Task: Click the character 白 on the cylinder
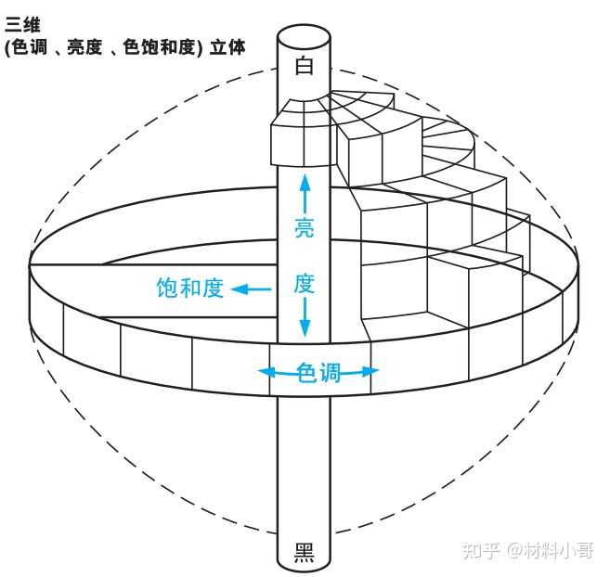pyautogui.click(x=304, y=65)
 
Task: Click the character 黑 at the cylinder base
pyautogui.click(x=305, y=553)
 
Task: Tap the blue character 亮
pyautogui.click(x=305, y=227)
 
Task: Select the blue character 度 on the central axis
pyautogui.click(x=305, y=284)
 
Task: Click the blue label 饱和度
pyautogui.click(x=190, y=288)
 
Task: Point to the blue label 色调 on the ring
pyautogui.click(x=318, y=373)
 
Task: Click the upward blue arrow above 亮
pyautogui.click(x=305, y=194)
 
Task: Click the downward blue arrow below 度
pyautogui.click(x=305, y=317)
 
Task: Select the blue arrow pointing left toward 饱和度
pyautogui.click(x=252, y=289)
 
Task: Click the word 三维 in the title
pyautogui.click(x=22, y=25)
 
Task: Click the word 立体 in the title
pyautogui.click(x=227, y=47)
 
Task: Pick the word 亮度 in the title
pyautogui.click(x=85, y=47)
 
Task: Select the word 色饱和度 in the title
pyautogui.click(x=159, y=47)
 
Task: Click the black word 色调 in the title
pyautogui.click(x=30, y=47)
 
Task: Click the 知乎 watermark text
pyautogui.click(x=481, y=551)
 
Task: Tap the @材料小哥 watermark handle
pyautogui.click(x=551, y=551)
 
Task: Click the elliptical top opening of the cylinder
pyautogui.click(x=304, y=38)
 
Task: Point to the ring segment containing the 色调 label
pyautogui.click(x=320, y=370)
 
